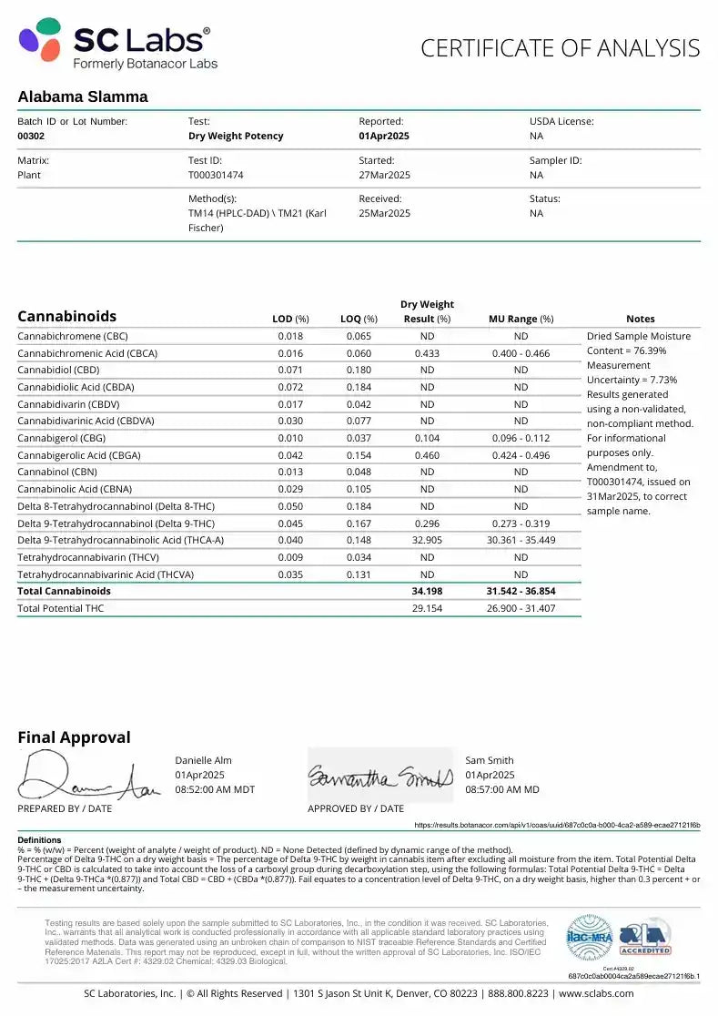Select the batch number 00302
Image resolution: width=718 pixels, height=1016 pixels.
click(x=31, y=136)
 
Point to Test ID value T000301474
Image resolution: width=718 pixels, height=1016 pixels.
click(x=216, y=175)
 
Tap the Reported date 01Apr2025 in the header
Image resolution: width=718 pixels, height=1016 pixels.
click(x=384, y=136)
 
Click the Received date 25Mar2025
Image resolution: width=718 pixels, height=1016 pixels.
click(x=384, y=213)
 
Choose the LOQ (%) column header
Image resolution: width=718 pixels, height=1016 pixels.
click(x=359, y=319)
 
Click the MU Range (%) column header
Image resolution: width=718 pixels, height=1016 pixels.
click(x=521, y=319)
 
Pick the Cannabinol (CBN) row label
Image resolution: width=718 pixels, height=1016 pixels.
click(x=58, y=472)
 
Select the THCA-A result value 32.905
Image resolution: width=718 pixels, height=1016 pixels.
click(x=427, y=540)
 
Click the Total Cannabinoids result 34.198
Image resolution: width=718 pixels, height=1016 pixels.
click(x=427, y=591)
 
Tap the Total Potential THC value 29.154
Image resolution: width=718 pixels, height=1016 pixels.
click(x=427, y=608)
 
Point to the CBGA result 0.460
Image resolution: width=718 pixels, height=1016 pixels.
click(x=427, y=455)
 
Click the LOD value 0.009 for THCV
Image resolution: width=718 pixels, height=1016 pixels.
click(x=291, y=557)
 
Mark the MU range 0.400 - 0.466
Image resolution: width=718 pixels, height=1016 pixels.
click(x=521, y=353)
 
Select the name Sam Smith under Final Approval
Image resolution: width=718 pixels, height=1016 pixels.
click(x=490, y=760)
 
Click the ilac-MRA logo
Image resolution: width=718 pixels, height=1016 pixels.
click(x=589, y=937)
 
